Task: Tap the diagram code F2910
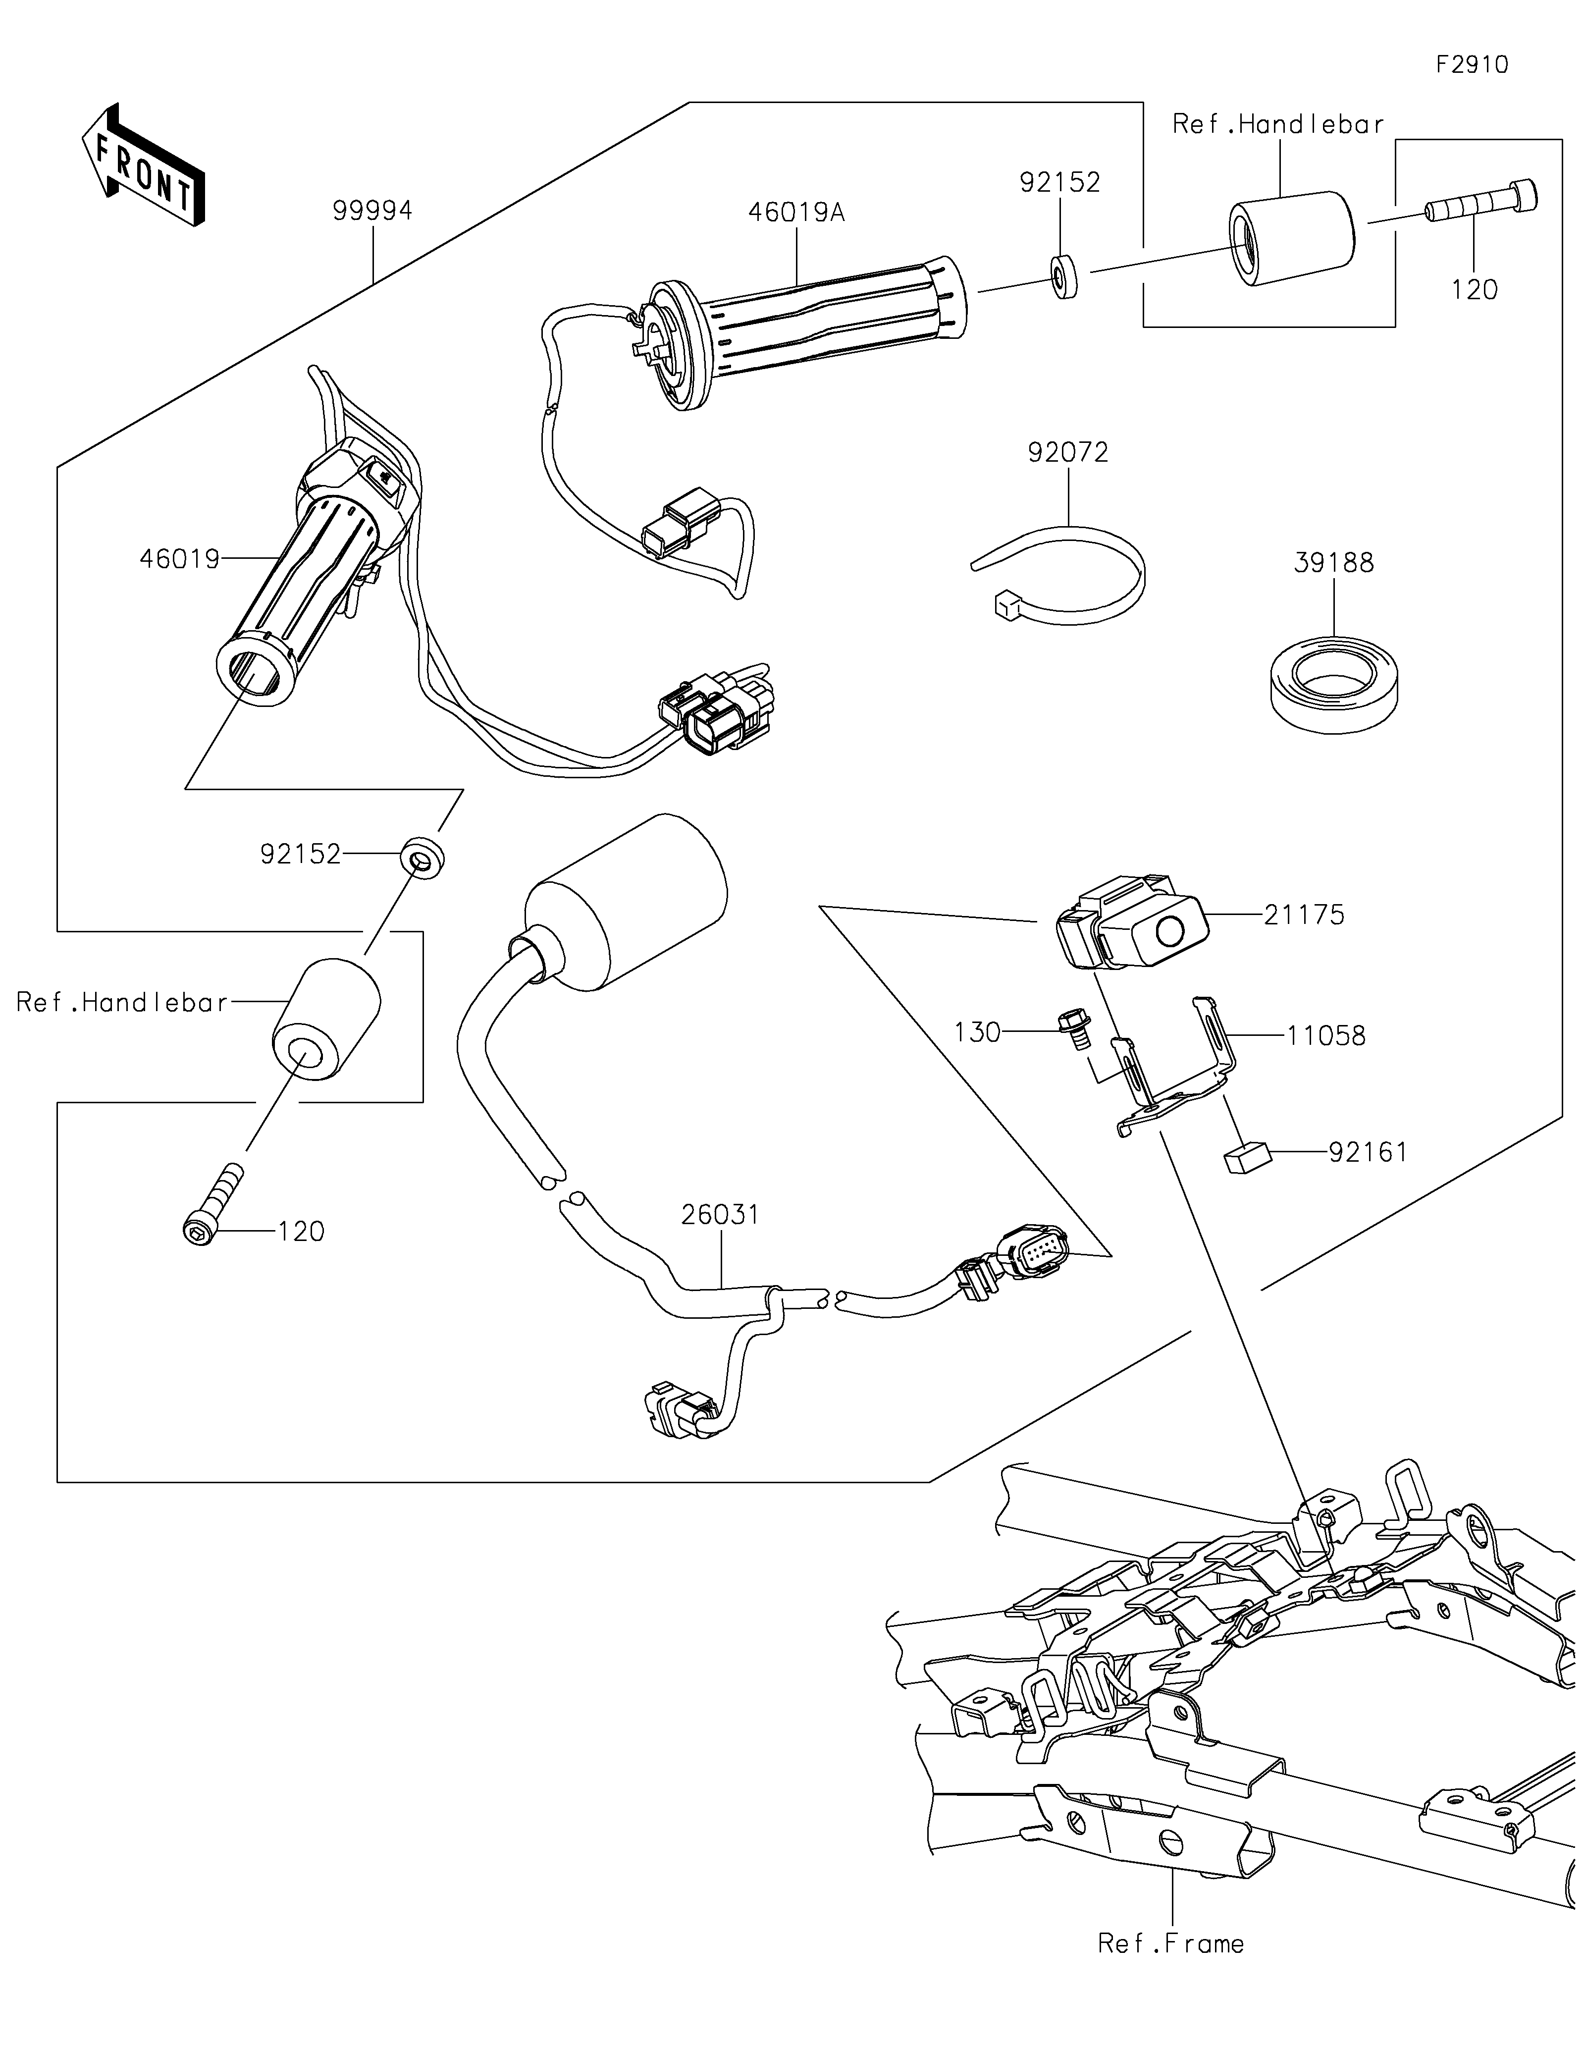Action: click(1472, 65)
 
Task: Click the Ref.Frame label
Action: click(1171, 1944)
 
